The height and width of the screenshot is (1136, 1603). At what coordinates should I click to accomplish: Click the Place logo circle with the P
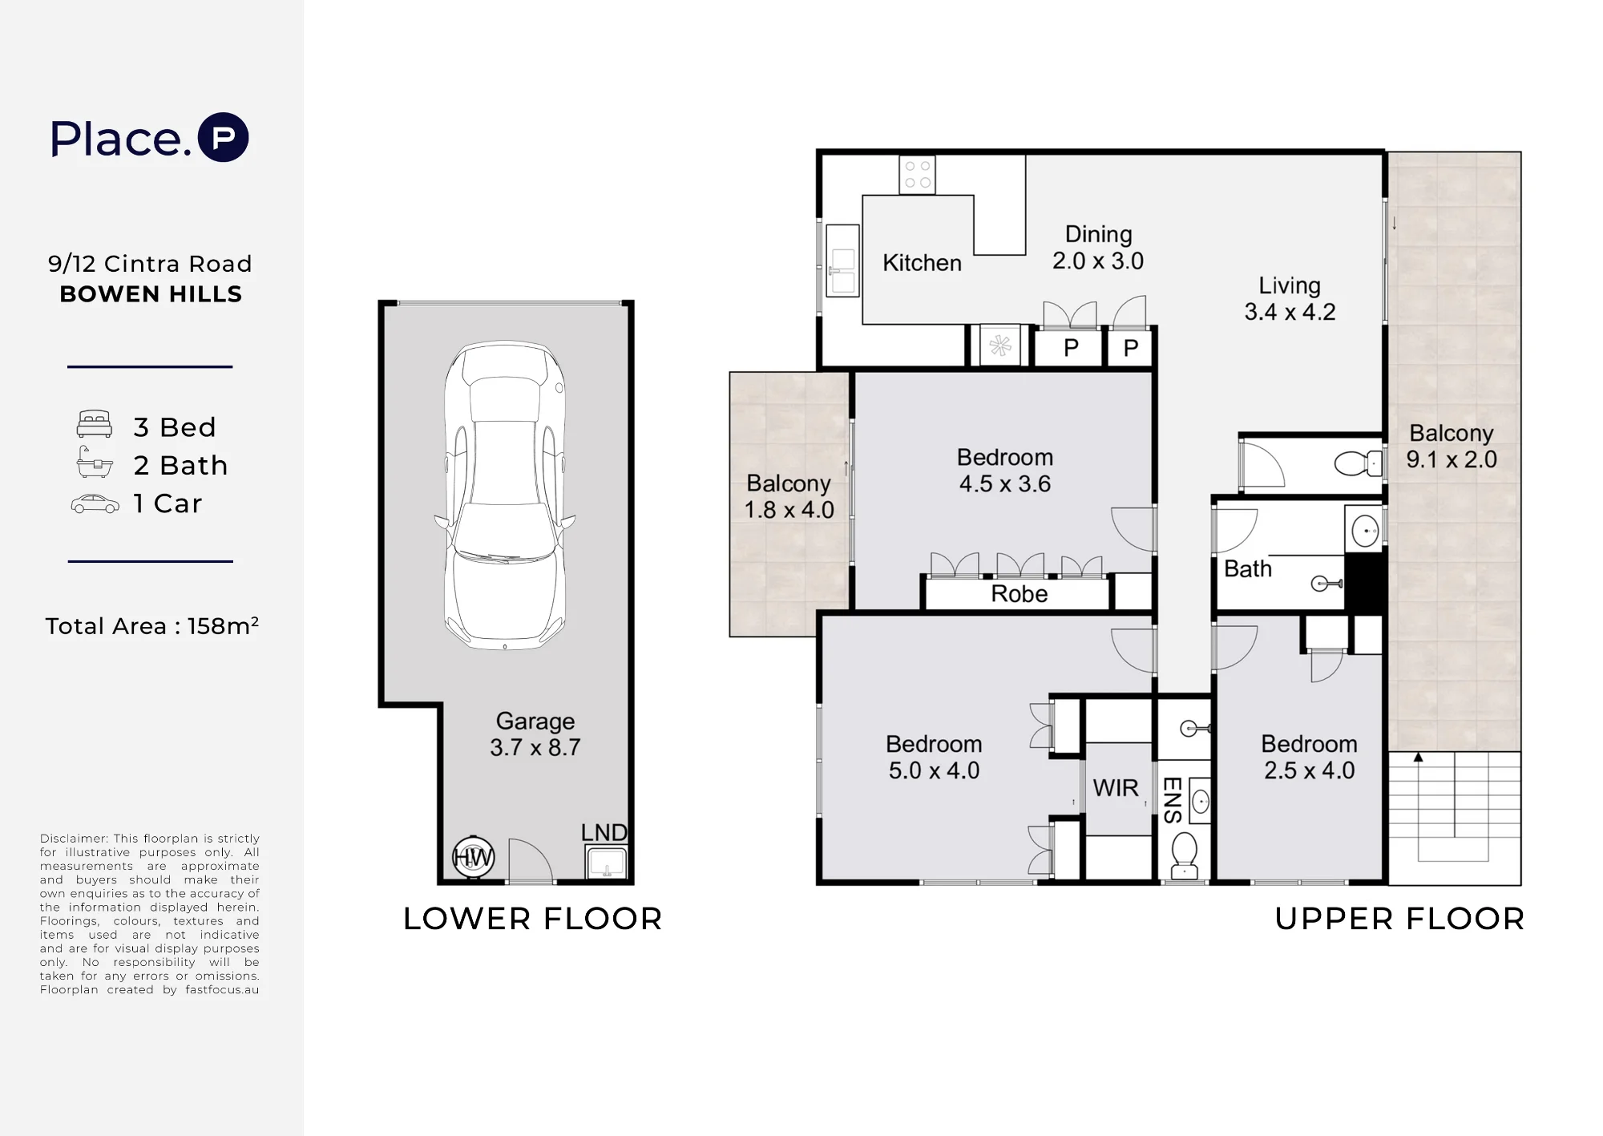pyautogui.click(x=224, y=137)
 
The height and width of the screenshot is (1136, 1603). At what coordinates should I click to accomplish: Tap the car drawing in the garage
pyautogui.click(x=505, y=495)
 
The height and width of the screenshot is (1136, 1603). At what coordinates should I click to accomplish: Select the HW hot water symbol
pyautogui.click(x=473, y=858)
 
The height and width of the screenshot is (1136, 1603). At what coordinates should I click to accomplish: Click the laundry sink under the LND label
pyautogui.click(x=607, y=863)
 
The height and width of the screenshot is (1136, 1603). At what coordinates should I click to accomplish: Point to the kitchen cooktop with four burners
pyautogui.click(x=918, y=175)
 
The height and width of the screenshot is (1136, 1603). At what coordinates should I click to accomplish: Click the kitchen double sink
pyautogui.click(x=842, y=261)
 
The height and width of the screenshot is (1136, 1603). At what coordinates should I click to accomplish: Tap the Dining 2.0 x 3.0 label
pyautogui.click(x=1098, y=248)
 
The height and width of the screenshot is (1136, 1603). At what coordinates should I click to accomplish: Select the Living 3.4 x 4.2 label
pyautogui.click(x=1290, y=298)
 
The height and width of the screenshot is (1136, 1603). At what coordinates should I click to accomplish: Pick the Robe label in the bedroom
pyautogui.click(x=1020, y=594)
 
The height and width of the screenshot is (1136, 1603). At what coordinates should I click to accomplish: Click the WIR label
pyautogui.click(x=1116, y=788)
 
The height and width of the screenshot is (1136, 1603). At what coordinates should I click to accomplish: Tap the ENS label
pyautogui.click(x=1172, y=800)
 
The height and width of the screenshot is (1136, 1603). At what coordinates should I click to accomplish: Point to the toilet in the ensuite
pyautogui.click(x=1185, y=855)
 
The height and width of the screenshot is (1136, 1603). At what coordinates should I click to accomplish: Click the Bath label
pyautogui.click(x=1248, y=569)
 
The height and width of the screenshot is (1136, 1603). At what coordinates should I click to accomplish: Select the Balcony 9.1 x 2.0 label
pyautogui.click(x=1452, y=446)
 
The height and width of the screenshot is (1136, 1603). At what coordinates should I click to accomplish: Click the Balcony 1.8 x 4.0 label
pyautogui.click(x=789, y=496)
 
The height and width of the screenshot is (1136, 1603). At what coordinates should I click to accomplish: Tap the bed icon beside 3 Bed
pyautogui.click(x=94, y=424)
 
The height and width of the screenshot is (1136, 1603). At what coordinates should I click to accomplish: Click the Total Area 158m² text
pyautogui.click(x=151, y=625)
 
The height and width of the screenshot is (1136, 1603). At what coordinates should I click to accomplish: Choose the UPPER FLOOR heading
pyautogui.click(x=1399, y=919)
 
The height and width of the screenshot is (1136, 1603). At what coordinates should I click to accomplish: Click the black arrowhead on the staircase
pyautogui.click(x=1418, y=757)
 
